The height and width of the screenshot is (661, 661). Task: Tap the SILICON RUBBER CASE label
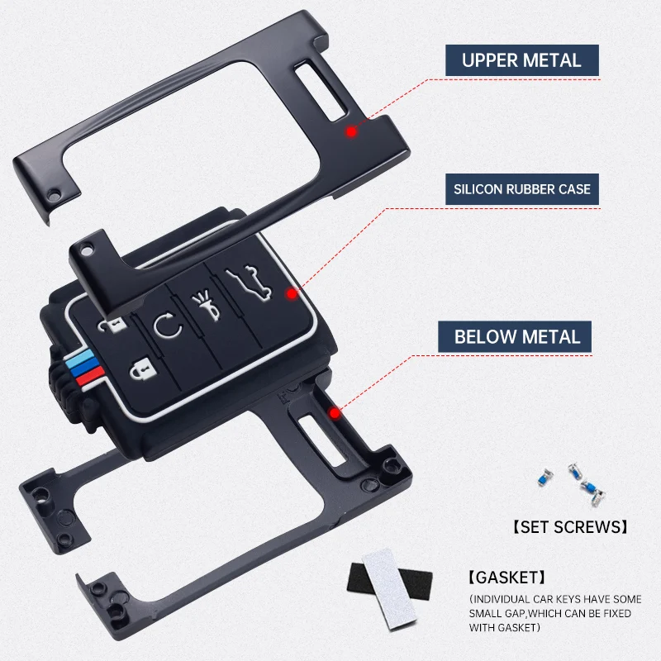coord(522,189)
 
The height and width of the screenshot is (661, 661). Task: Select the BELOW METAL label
coord(517,336)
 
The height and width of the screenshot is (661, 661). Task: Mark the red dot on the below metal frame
coord(334,412)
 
